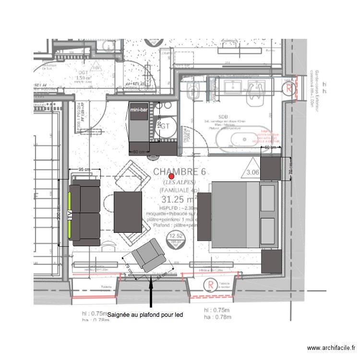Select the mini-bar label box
point(139,110)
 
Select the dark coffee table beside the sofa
point(129,213)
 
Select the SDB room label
point(223,117)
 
